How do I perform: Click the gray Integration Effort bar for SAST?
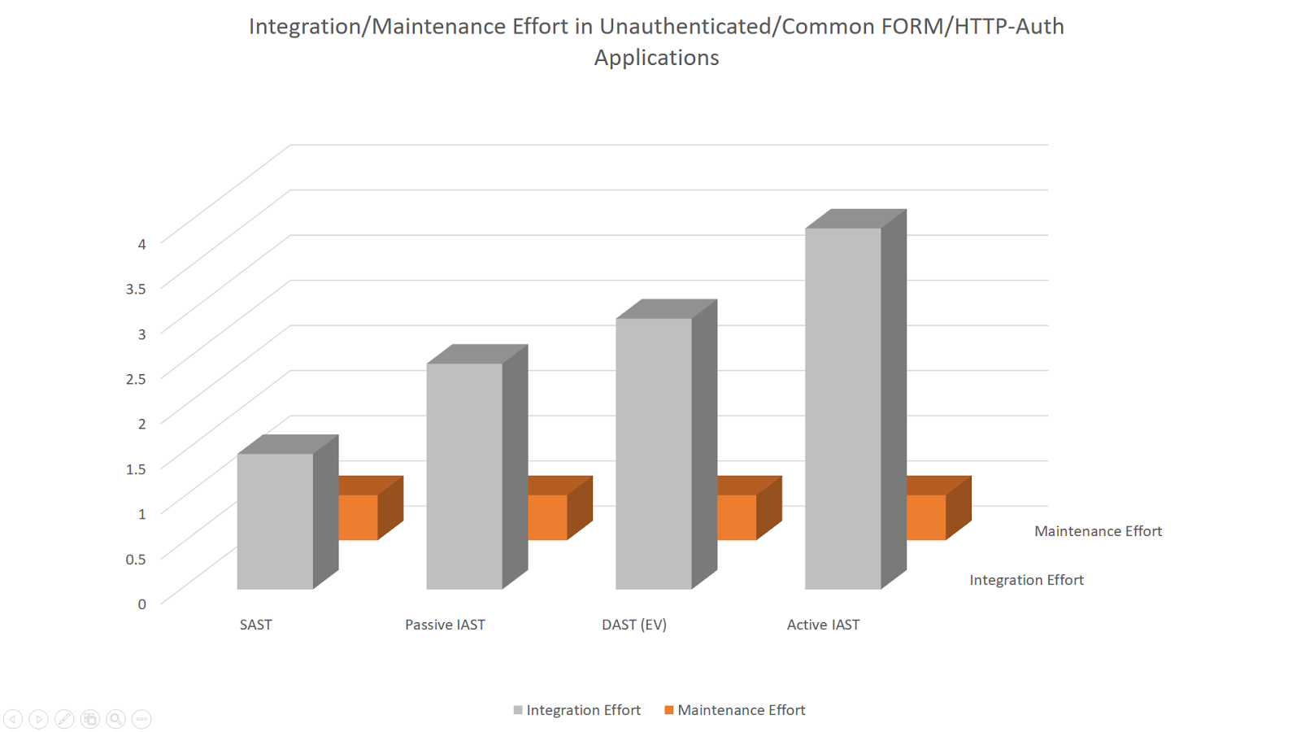click(275, 521)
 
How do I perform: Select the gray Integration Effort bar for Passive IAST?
click(464, 476)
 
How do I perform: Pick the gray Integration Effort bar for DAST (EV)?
click(654, 453)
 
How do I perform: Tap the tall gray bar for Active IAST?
click(843, 408)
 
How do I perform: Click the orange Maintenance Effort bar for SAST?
click(359, 517)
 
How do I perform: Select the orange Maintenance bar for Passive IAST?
click(547, 517)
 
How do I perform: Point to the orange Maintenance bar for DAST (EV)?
click(737, 517)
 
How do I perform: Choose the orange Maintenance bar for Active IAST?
click(926, 517)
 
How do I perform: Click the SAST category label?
click(255, 625)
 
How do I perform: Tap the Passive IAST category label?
click(445, 625)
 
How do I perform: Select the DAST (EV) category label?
click(634, 625)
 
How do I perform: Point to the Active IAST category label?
click(823, 625)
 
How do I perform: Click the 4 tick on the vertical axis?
click(142, 244)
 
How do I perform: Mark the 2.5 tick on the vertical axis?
click(136, 379)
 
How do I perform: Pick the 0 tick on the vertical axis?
click(142, 604)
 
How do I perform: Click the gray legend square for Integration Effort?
click(518, 710)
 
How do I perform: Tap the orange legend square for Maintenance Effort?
click(669, 710)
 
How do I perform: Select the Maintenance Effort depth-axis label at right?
click(1098, 531)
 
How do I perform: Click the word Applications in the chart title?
click(656, 58)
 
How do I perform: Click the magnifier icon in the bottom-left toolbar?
click(115, 719)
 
